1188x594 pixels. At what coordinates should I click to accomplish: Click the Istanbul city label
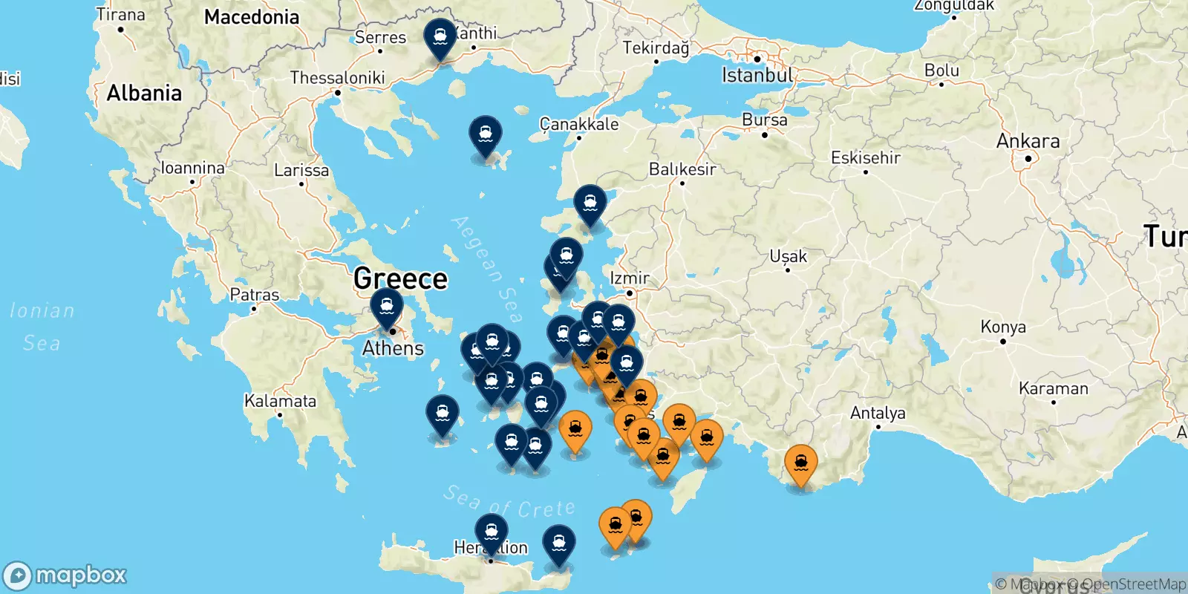point(757,75)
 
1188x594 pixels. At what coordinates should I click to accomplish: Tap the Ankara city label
point(1028,141)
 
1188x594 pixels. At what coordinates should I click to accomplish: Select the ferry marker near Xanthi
point(440,37)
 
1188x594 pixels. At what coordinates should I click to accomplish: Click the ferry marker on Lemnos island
point(486,136)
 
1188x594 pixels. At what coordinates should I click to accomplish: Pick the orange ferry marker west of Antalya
point(800,464)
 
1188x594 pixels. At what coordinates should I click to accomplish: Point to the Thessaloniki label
point(337,78)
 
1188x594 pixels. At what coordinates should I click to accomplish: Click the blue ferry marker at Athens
point(387,307)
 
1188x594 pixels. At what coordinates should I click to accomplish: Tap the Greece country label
point(400,279)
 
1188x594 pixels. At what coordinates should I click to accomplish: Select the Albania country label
point(144,94)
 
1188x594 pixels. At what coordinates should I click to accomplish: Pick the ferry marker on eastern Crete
point(559,544)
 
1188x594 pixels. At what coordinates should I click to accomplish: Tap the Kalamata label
point(280,402)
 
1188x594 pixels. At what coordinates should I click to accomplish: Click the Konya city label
point(1002,327)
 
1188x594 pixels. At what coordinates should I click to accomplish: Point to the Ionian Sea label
point(42,327)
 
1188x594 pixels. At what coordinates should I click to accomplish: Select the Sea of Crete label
point(509,503)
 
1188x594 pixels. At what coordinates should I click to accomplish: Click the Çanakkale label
point(579,124)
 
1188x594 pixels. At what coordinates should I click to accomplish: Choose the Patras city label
point(255,295)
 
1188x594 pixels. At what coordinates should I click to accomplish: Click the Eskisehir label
point(865,158)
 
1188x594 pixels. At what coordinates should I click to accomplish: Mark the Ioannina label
point(192,169)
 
